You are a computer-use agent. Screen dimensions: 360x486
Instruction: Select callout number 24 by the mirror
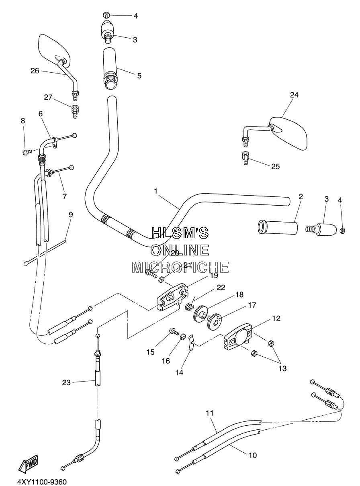coord(294,95)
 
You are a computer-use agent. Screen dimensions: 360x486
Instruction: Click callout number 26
coord(35,71)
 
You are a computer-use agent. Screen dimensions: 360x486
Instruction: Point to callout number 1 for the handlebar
coord(155,191)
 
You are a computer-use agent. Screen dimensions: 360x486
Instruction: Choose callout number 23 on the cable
coord(66,383)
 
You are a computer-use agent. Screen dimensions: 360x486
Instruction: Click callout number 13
coord(282,368)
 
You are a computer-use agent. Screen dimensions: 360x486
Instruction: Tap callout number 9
coord(71,214)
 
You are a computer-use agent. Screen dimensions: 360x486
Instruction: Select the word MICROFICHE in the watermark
coord(180,268)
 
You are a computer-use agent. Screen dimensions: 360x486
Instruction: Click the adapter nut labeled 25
coord(245,158)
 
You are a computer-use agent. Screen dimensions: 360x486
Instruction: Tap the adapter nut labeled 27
coord(75,112)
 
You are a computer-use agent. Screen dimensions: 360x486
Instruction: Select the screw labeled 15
coord(174,331)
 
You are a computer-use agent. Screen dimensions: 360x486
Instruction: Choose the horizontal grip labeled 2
coord(278,228)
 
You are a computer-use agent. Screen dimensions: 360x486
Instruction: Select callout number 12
coord(276,318)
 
